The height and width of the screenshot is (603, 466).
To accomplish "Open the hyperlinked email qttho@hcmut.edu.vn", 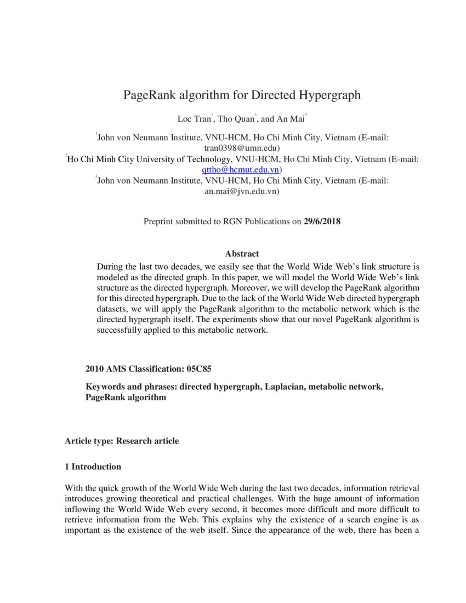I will (x=240, y=170).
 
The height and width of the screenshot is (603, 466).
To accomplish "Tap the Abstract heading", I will (x=242, y=254).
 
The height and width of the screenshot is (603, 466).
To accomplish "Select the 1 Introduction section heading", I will (x=93, y=467).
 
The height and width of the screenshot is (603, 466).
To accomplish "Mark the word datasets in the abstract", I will (x=113, y=309).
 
